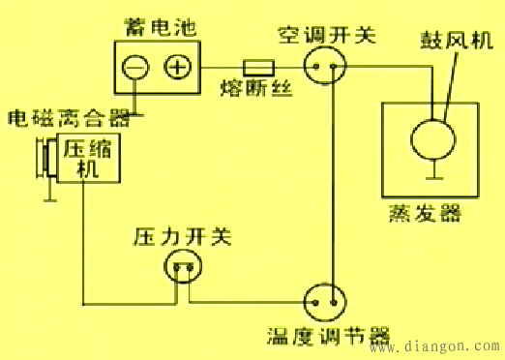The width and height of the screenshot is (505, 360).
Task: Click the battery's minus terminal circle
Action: pyautogui.click(x=136, y=67)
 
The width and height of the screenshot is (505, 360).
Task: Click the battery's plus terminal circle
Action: pyautogui.click(x=178, y=67)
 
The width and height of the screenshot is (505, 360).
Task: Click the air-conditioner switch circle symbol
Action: pyautogui.click(x=323, y=67)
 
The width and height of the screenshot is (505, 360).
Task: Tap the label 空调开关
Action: pyautogui.click(x=327, y=35)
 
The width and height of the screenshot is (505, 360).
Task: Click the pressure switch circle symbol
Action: pyautogui.click(x=183, y=266)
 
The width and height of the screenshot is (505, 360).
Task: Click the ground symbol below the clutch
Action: pyautogui.click(x=47, y=197)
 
